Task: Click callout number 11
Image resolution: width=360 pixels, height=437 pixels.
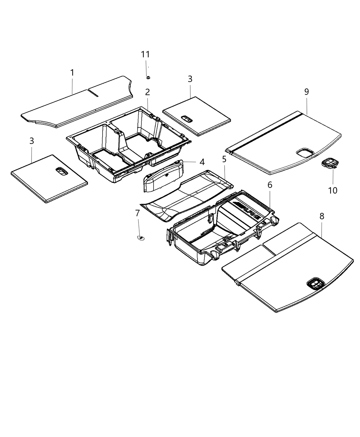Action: (x=145, y=54)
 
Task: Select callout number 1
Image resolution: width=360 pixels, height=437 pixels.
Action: (x=72, y=73)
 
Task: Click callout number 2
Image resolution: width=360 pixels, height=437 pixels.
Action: (x=147, y=92)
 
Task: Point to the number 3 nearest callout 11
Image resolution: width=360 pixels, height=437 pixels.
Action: (x=190, y=79)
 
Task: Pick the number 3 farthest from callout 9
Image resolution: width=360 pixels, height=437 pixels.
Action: (x=32, y=141)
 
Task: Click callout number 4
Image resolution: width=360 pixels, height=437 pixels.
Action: (x=202, y=161)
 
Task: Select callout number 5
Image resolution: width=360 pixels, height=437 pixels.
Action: (x=224, y=159)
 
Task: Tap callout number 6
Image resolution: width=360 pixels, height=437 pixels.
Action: (x=270, y=185)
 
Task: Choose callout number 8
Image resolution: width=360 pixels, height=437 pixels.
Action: (x=322, y=216)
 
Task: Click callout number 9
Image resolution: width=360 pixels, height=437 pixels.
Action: (x=307, y=92)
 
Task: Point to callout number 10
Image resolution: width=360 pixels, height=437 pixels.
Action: (x=333, y=190)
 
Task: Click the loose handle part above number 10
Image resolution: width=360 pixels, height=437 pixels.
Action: (x=330, y=163)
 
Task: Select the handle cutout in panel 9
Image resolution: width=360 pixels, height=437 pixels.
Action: (x=304, y=152)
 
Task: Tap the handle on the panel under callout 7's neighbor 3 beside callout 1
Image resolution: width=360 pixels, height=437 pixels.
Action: (x=61, y=172)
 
